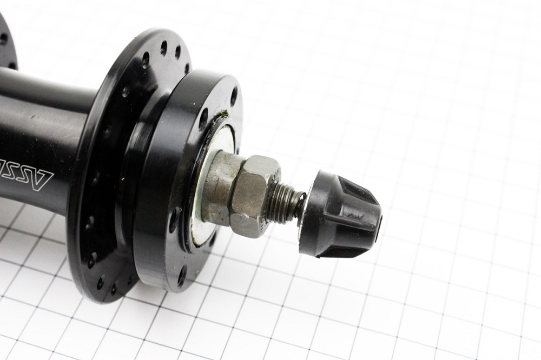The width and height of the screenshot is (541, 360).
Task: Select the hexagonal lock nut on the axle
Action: tap(251, 195)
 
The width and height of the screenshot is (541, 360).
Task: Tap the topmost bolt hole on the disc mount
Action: tap(234, 96)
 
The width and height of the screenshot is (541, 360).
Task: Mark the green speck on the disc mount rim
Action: tap(223, 114)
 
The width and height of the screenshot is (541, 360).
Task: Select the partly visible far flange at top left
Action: tap(6, 43)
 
